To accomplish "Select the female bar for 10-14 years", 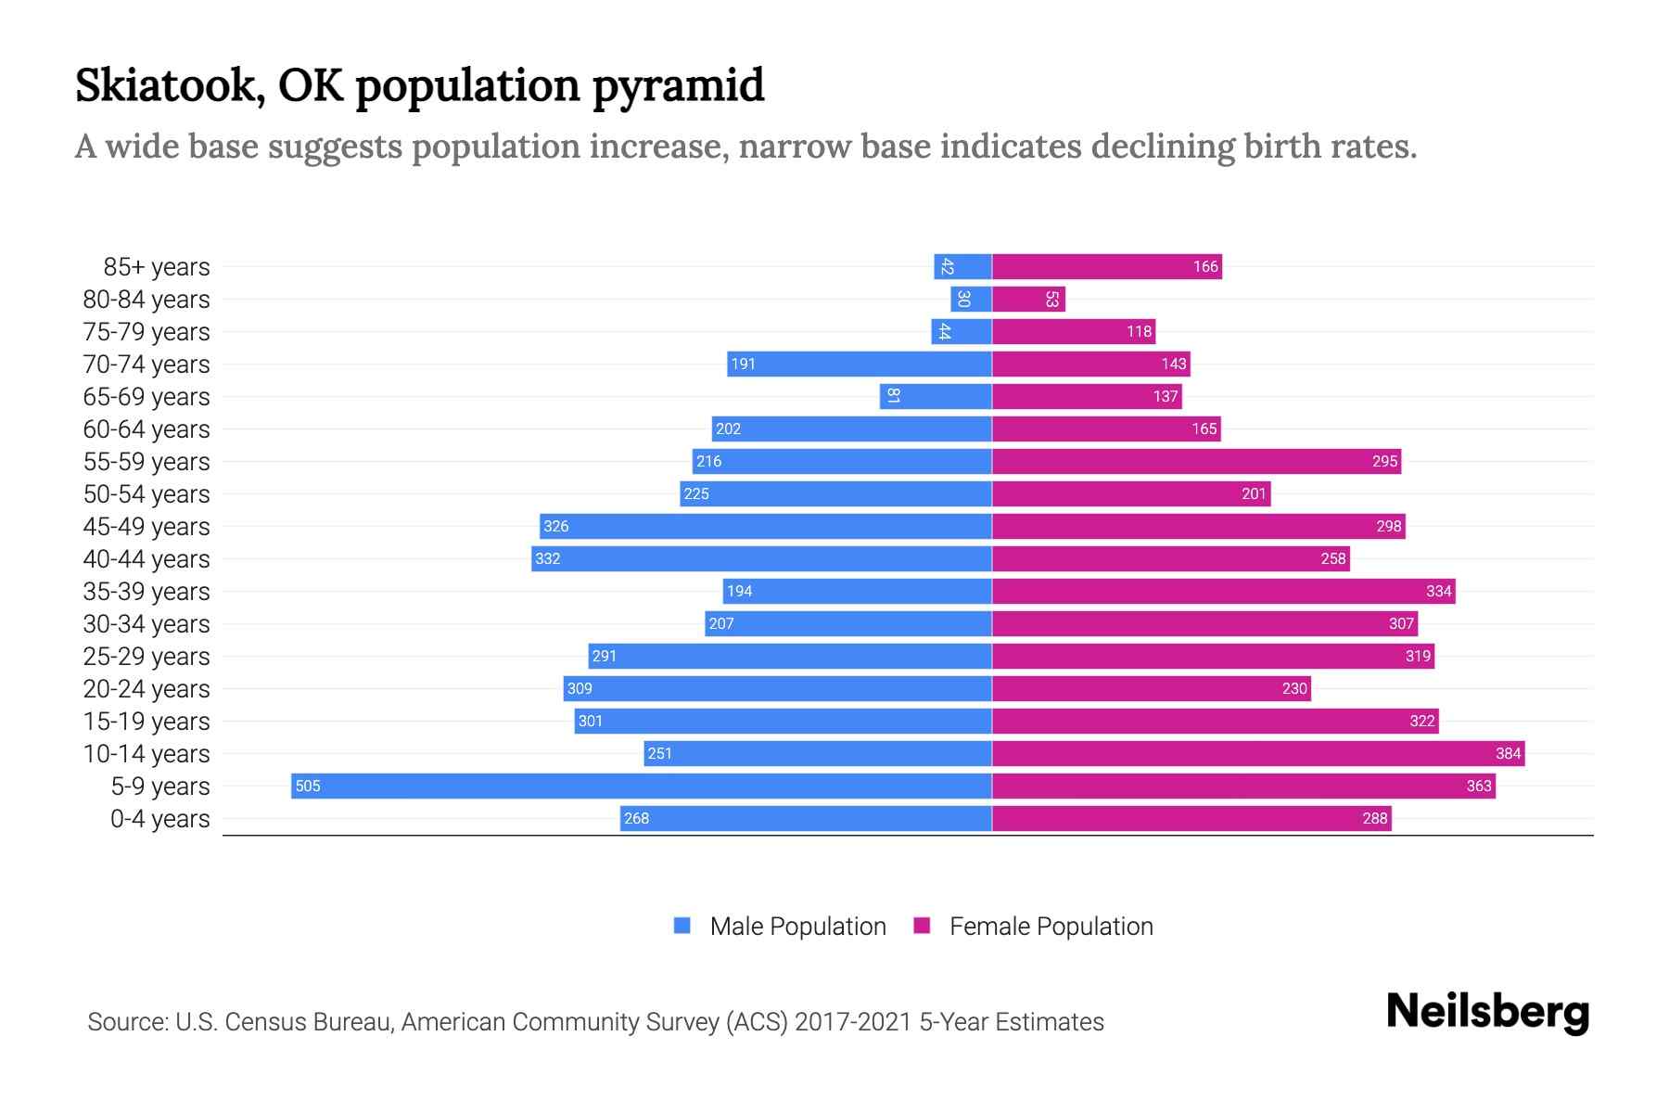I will pos(1258,753).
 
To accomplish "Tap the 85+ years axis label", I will pos(156,267).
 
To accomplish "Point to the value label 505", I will pos(307,787).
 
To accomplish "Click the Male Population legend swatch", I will pos(682,926).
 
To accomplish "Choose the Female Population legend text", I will pos(1051,927).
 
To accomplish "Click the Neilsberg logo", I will pos(1487,1011).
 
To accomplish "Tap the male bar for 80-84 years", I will pos(971,299).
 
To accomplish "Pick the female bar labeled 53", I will pos(1027,299).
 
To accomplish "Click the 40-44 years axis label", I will pos(147,559).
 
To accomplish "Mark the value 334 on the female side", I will pos(1438,591).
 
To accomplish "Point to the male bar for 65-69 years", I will pos(936,396).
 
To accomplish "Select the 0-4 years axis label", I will pos(159,819).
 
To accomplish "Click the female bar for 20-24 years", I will pos(1151,688).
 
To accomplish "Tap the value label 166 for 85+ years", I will pos(1204,267).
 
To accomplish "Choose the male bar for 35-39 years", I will pos(857,591).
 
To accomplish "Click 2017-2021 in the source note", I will pos(853,1022).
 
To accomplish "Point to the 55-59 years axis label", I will pos(147,462).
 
